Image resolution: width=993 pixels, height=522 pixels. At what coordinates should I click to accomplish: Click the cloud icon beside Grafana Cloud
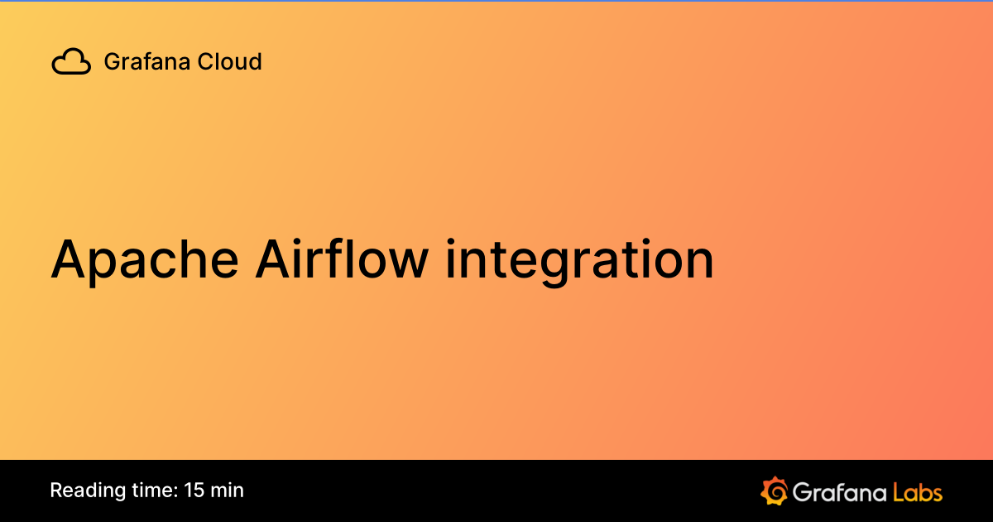[71, 62]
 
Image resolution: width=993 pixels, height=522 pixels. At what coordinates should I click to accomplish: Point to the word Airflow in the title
[342, 259]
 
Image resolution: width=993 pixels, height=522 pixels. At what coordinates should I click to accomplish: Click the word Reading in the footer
[85, 491]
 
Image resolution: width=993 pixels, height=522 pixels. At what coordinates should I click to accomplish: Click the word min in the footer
[228, 491]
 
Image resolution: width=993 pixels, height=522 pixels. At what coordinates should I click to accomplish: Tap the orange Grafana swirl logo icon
[773, 491]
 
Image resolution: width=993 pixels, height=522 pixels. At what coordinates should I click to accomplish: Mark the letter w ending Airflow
[408, 263]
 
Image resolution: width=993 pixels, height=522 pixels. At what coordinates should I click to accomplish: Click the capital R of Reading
[55, 491]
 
